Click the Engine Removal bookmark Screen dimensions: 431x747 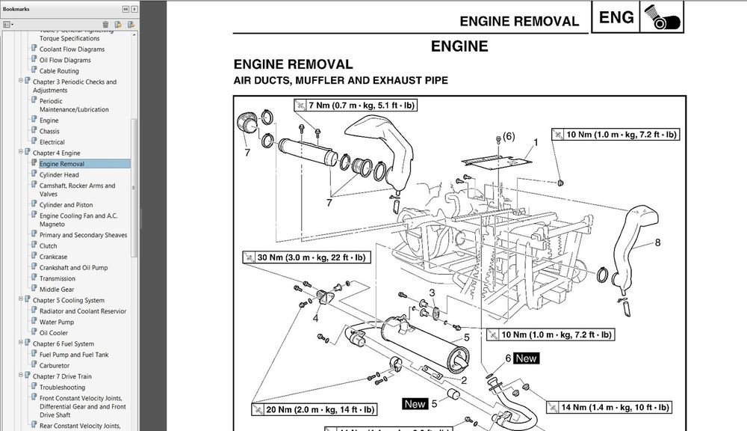(62, 164)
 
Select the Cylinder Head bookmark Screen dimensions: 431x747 (59, 175)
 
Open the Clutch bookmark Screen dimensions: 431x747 (49, 245)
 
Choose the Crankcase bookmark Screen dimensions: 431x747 (53, 257)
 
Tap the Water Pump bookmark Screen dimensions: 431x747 (57, 323)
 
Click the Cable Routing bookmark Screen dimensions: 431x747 (59, 71)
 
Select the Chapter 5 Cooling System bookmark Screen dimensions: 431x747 (69, 300)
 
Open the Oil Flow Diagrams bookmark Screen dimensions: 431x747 (65, 60)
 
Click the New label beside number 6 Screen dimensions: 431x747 (527, 358)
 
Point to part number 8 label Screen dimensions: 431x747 (657, 242)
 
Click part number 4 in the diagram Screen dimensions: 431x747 (315, 318)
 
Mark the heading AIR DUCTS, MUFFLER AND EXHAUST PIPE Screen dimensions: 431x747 (341, 80)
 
